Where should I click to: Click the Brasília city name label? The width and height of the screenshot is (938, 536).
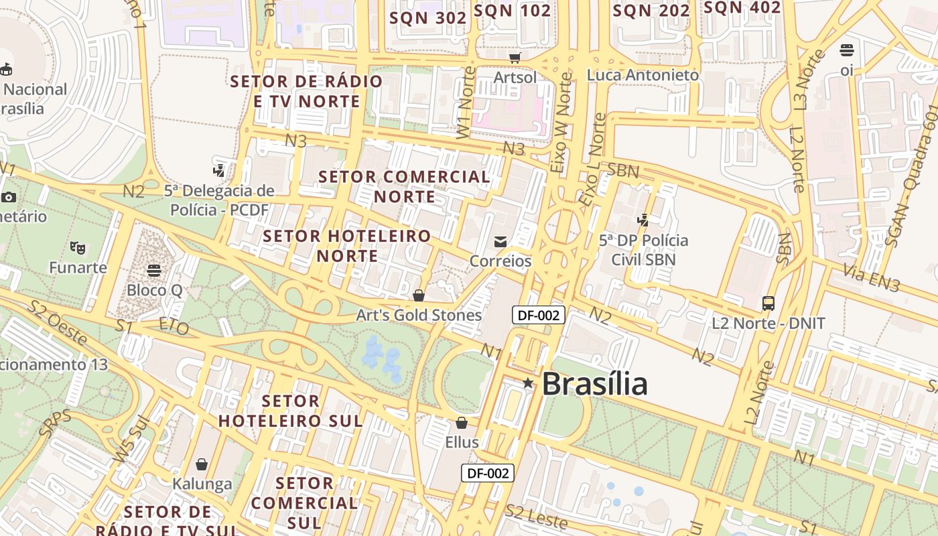coord(594,384)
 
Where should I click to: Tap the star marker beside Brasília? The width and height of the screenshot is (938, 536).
coord(528,383)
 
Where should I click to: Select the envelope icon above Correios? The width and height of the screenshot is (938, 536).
coord(500,242)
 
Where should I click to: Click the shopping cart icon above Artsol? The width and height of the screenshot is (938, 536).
coord(515,58)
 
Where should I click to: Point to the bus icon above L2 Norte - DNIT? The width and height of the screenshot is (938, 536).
coord(768,304)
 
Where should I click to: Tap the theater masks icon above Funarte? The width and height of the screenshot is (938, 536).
coord(78,248)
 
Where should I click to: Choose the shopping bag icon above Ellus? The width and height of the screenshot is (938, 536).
coord(462,423)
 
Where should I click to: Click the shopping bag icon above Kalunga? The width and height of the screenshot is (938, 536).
coord(202,464)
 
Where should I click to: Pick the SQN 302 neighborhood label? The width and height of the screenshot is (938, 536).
coord(427,18)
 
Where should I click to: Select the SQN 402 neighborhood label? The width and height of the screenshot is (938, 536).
coord(742,7)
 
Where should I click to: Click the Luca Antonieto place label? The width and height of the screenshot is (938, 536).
coord(643,75)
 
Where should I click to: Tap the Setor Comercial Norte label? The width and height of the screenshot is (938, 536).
coord(405,187)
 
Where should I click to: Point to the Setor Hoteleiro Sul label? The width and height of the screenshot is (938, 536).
coord(291,411)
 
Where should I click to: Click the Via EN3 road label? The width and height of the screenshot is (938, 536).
coord(871,278)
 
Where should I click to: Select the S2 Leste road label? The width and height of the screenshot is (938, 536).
coord(537,517)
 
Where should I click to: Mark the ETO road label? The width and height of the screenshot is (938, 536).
coord(174,327)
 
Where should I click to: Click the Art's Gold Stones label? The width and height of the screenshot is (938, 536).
coord(419,315)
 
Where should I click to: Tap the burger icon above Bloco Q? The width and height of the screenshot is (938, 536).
coord(154,271)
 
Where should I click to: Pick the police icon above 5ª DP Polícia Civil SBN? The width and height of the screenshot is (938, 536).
coord(643,220)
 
